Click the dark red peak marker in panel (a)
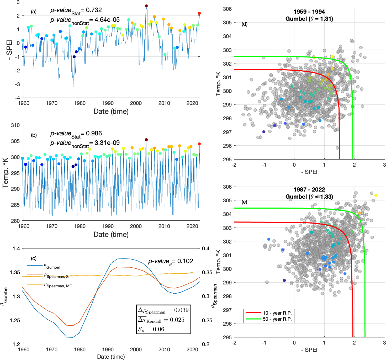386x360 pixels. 146,6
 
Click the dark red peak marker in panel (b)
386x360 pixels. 146,140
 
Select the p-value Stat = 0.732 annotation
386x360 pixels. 76,10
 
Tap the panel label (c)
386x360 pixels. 34,258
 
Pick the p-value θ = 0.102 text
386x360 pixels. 171,262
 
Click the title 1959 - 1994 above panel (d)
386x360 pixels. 309,12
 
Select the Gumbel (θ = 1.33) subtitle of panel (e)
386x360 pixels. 309,197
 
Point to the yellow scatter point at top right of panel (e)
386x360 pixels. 376,195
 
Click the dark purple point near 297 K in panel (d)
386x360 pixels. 264,132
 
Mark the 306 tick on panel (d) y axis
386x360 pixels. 227,9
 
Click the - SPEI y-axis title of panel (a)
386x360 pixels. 9,50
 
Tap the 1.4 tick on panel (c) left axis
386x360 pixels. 16,248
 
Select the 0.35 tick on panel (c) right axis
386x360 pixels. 207,272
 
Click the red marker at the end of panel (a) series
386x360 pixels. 199,13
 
